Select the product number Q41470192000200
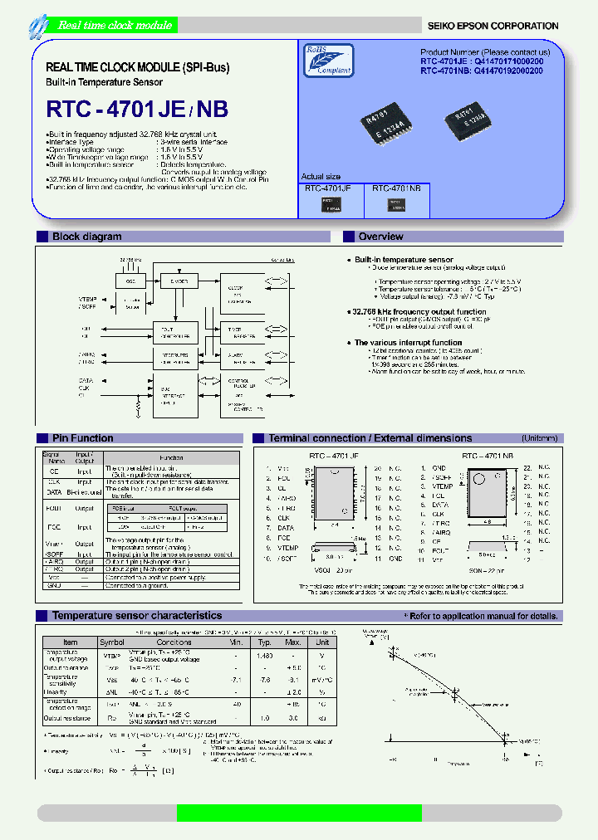[508, 71]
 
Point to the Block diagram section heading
[86, 237]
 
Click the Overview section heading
[380, 237]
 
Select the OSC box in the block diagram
[130, 282]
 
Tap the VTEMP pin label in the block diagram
[88, 299]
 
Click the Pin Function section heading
[82, 438]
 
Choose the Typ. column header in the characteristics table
[265, 642]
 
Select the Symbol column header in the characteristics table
[112, 642]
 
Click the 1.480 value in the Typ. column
[265, 657]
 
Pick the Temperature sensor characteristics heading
[136, 616]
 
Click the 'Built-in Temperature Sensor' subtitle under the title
[104, 81]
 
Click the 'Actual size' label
[321, 177]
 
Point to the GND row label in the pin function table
[54, 586]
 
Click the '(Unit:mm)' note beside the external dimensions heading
[539, 438]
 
